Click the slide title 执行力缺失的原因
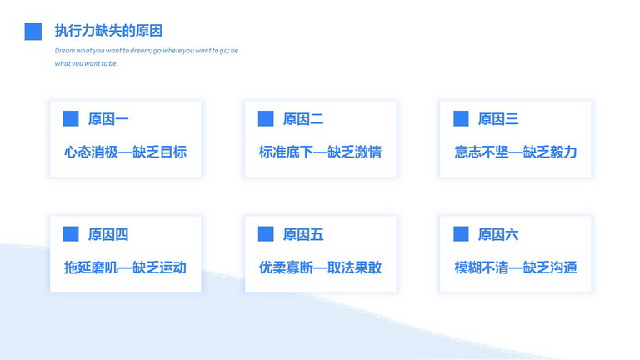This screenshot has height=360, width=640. pos(108,31)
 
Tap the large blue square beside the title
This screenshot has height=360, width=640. pos(33,32)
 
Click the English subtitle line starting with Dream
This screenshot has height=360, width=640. pos(147,51)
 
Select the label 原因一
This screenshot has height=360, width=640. pos(108,119)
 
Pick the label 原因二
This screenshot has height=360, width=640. pos(303,119)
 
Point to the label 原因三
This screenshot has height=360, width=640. pos(498,119)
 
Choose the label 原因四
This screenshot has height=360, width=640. pos(108,235)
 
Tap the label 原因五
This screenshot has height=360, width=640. pos(303,235)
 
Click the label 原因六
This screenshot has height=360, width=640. pos(498,235)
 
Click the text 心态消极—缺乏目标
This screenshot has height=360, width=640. pos(125,152)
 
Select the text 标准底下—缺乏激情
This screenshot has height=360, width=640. pos(320,152)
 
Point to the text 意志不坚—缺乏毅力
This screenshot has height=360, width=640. pos(516,152)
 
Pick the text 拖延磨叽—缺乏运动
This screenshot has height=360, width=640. pos(125,267)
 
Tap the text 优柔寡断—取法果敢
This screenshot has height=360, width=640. pos(320,267)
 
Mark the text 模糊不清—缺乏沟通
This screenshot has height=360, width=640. pos(516,267)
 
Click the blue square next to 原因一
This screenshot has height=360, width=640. pos(71,119)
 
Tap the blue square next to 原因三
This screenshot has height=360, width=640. pos(461,119)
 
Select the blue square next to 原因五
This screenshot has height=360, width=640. pos(266,234)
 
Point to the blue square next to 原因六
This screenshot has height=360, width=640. pos(461,234)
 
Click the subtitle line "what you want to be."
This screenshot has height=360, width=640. pos(86,63)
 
